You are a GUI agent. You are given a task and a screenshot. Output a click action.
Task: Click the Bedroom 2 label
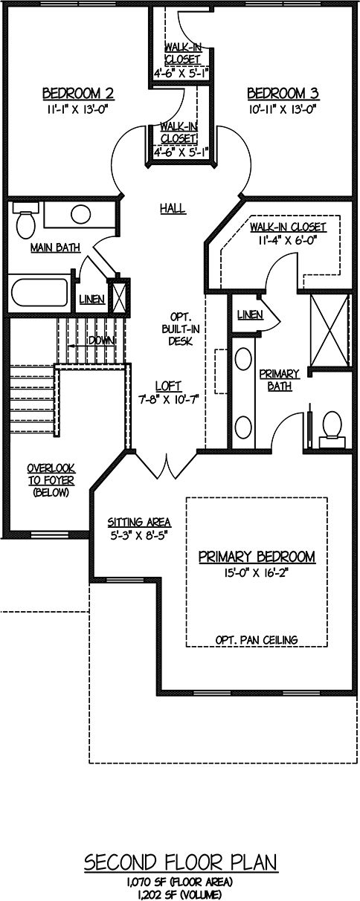point(78,94)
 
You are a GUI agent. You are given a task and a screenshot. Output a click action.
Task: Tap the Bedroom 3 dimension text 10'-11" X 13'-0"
point(283,109)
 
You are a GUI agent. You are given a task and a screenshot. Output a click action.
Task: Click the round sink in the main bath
point(80,214)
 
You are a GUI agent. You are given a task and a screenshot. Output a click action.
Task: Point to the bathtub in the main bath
point(39,292)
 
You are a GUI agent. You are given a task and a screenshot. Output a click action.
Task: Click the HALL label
point(173,208)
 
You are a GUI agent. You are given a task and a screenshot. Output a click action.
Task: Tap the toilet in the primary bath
point(332,429)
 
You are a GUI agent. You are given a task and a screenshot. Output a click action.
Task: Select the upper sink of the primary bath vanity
point(243,359)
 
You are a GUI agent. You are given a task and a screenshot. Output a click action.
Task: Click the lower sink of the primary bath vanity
point(243,427)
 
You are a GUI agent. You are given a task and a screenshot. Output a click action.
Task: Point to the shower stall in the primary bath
point(330,330)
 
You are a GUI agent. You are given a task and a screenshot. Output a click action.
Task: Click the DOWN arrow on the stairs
point(91,345)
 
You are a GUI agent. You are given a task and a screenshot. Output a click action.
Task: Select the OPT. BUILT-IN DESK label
point(181,329)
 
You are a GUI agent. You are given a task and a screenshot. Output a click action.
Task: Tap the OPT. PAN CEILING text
point(257,639)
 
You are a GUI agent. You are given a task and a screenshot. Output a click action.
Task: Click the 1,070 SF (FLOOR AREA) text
point(179,882)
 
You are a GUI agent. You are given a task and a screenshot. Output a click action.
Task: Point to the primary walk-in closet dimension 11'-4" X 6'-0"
point(288,240)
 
